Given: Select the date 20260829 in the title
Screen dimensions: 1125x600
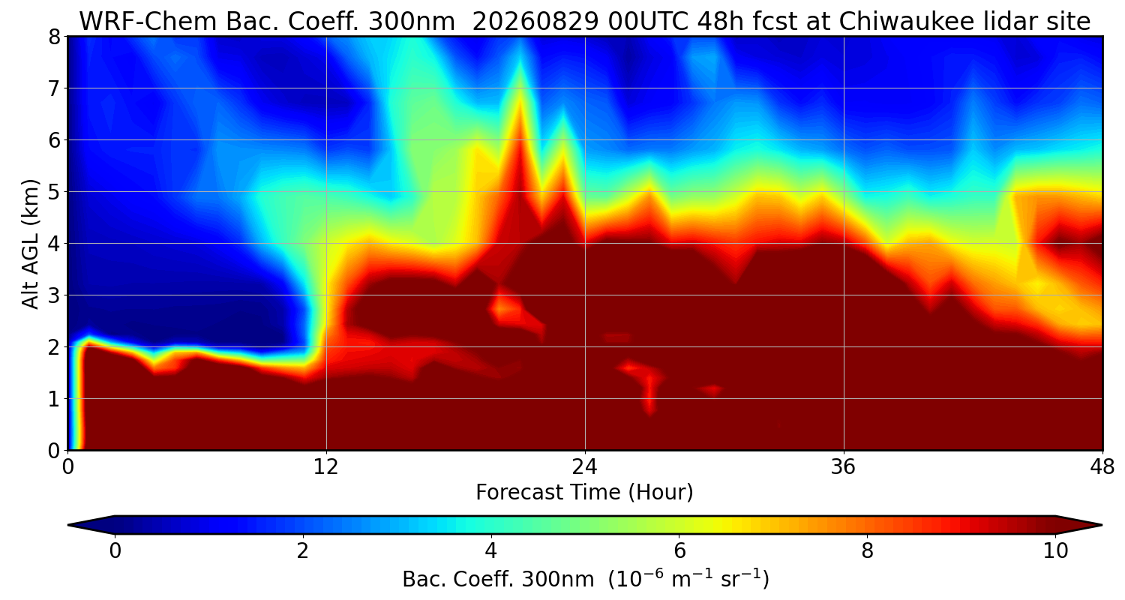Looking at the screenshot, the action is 535,22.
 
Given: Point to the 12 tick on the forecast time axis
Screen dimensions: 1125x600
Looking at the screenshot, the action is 326,467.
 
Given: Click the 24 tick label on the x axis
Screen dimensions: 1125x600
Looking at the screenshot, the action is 585,467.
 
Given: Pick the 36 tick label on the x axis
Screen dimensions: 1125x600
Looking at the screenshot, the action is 843,467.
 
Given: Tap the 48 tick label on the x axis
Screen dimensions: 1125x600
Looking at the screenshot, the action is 1102,467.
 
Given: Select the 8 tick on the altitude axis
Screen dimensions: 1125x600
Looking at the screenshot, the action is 54,37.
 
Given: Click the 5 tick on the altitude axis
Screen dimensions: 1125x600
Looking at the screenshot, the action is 54,192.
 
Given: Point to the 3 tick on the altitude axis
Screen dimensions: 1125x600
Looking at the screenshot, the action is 54,295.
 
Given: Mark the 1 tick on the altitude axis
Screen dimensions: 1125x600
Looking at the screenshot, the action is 54,399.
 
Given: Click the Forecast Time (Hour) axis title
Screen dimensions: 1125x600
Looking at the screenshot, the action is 584,493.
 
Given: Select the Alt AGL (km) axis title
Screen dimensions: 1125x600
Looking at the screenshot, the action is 30,244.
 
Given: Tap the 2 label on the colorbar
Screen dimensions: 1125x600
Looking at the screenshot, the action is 302,551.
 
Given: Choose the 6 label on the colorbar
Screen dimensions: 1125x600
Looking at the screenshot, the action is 679,551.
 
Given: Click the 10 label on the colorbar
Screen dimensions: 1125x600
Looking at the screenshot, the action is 1056,551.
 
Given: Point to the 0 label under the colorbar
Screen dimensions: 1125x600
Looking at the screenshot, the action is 115,551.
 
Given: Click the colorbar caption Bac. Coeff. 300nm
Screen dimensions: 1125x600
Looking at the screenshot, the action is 498,580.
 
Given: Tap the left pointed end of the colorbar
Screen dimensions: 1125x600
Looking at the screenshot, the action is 69,525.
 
